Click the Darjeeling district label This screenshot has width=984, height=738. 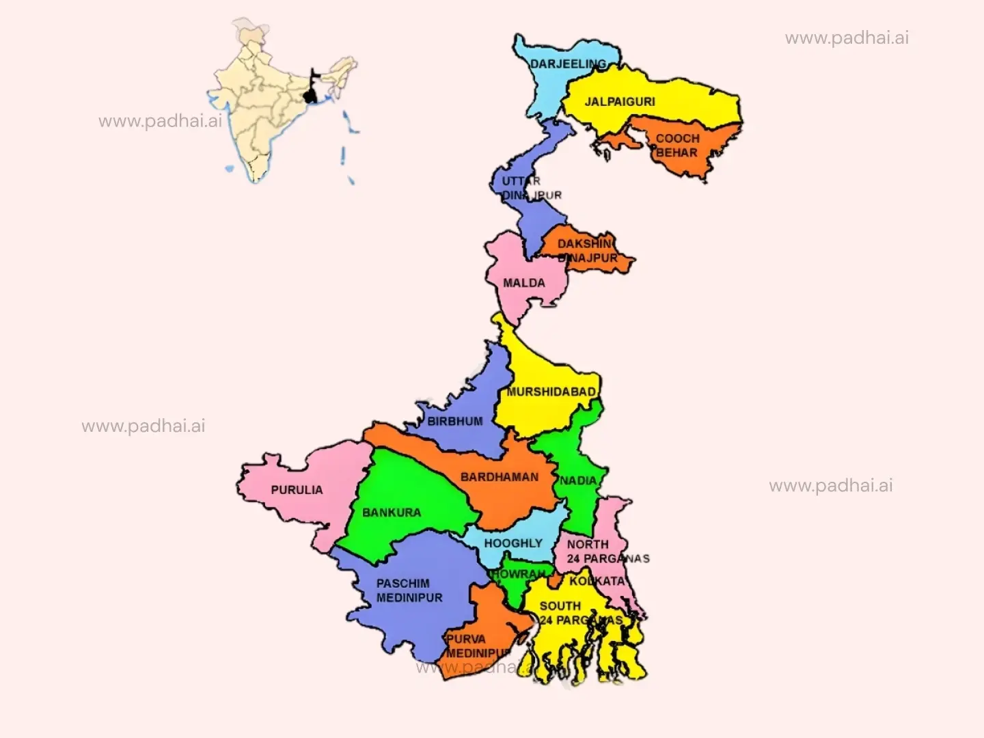568,64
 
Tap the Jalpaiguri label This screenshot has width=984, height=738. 619,102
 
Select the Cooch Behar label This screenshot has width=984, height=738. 676,146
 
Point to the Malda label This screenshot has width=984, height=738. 524,283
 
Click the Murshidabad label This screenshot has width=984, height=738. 551,392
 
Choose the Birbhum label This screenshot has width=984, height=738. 455,422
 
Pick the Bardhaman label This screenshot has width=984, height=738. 499,477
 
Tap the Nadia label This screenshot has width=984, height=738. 578,480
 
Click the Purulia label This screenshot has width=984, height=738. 297,490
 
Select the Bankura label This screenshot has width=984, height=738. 392,512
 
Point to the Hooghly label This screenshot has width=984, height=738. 513,543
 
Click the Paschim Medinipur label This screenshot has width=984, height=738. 409,590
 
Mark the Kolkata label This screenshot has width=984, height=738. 597,581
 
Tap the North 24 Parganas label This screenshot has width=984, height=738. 607,551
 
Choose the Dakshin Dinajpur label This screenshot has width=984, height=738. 588,251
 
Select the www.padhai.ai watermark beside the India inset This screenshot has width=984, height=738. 160,122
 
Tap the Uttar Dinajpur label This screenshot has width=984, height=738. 531,188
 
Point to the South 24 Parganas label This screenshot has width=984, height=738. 580,613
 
